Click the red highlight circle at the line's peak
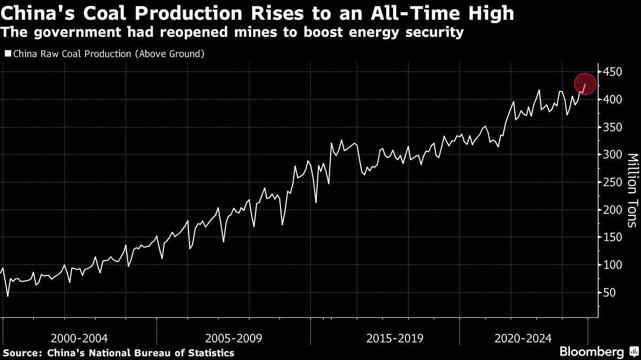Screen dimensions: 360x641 click(585, 84)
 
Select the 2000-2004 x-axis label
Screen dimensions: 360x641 click(80, 338)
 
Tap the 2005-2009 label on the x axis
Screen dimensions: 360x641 click(233, 338)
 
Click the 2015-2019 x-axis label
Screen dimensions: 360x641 click(395, 338)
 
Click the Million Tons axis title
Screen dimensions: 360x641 click(632, 190)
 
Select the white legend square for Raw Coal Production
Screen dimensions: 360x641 click(7, 54)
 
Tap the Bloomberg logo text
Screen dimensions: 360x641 click(591, 352)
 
